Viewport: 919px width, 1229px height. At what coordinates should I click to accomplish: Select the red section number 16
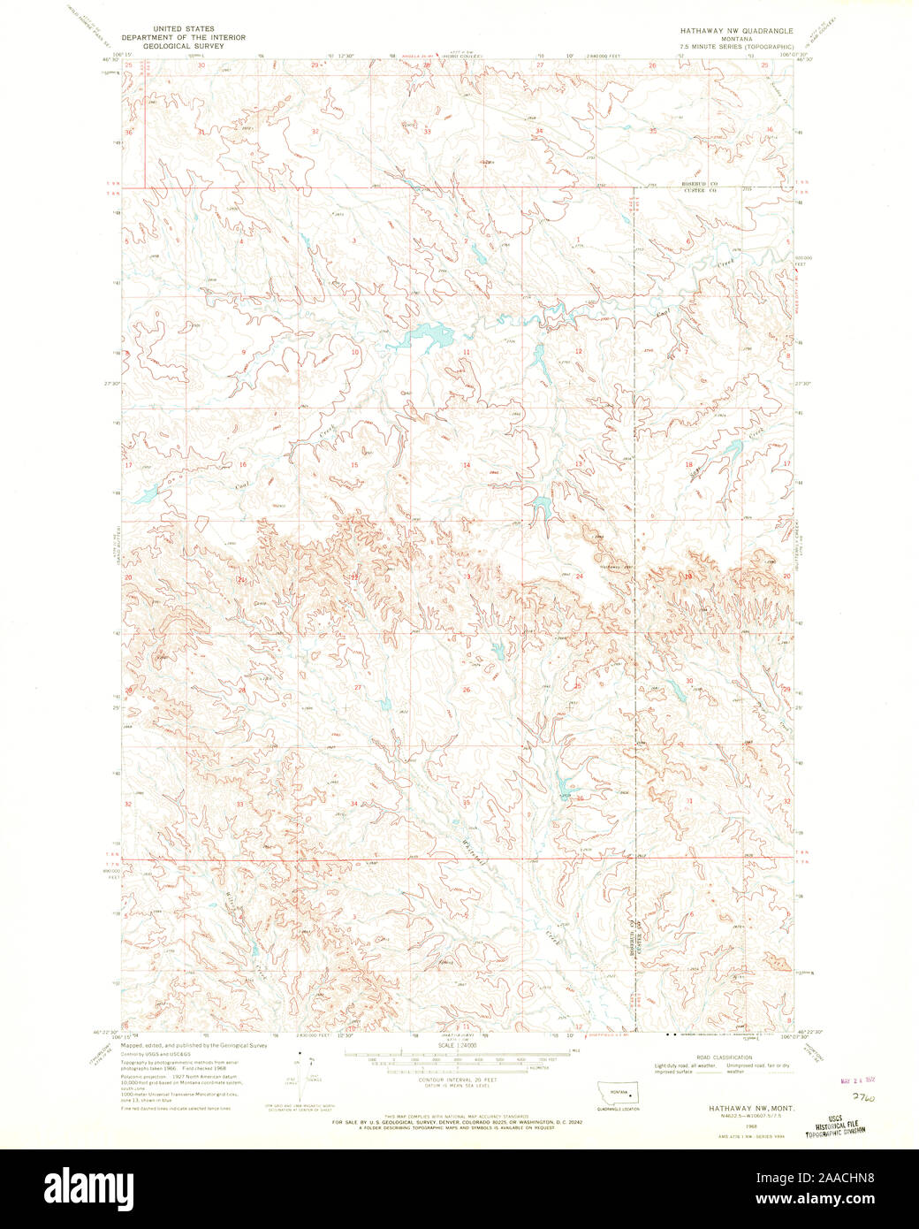[240, 463]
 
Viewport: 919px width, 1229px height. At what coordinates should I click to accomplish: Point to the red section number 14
[467, 464]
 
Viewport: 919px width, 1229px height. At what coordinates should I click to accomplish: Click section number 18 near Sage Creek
[687, 464]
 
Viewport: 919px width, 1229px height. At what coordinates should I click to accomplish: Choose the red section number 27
[358, 687]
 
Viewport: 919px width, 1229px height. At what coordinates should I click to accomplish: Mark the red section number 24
[580, 576]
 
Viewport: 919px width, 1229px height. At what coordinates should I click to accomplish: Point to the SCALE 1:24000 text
[458, 1045]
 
